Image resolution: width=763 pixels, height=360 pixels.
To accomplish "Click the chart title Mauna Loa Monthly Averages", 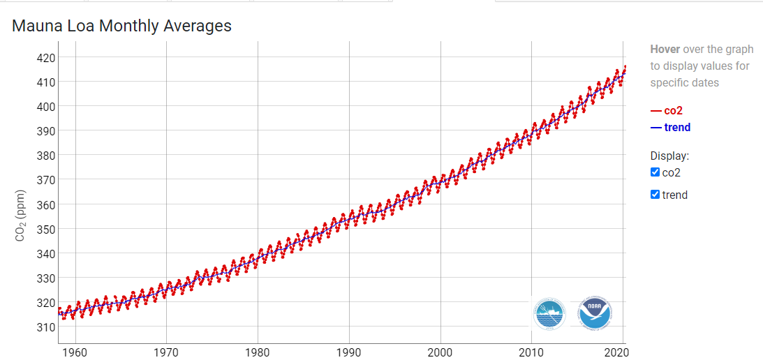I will (122, 27).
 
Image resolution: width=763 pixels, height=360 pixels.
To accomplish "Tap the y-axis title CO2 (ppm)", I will (20, 216).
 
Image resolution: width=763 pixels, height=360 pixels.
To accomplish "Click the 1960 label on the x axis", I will (75, 352).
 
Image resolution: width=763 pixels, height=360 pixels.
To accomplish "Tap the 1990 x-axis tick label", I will (349, 352).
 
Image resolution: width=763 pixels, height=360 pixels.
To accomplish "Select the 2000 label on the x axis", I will (440, 352).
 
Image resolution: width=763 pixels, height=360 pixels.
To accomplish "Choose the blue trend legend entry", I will (671, 127).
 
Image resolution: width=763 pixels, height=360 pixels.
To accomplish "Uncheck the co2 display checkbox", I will (655, 172).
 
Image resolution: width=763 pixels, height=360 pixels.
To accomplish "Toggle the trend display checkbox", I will (655, 195).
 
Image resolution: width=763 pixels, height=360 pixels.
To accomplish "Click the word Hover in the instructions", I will (665, 50).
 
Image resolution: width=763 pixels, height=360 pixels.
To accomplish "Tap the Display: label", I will (669, 156).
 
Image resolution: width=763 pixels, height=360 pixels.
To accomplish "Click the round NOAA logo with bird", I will (595, 313).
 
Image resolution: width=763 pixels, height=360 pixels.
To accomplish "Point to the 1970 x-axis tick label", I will (166, 352).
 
